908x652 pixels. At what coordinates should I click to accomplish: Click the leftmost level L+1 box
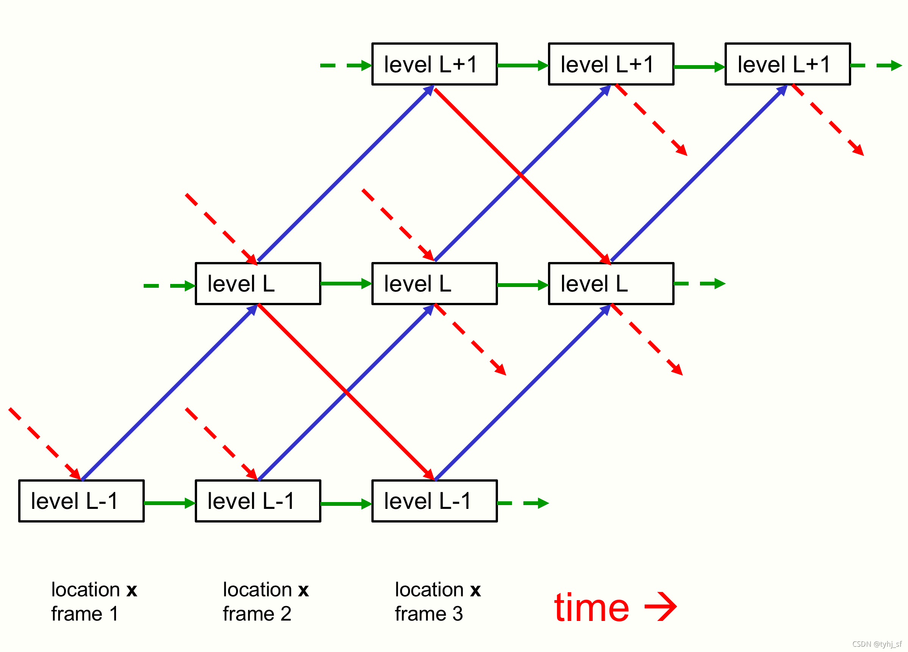click(x=434, y=64)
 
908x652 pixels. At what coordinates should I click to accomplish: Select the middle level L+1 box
click(x=611, y=64)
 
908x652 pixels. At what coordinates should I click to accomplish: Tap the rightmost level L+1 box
click(x=787, y=64)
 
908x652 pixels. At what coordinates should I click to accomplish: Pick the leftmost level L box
click(x=258, y=284)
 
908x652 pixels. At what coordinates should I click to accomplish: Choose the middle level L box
click(x=434, y=284)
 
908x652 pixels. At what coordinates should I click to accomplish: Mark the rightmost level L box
click(x=611, y=284)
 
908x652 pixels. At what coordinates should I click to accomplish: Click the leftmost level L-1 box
click(x=81, y=501)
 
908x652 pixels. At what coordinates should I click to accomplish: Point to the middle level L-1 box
click(x=258, y=501)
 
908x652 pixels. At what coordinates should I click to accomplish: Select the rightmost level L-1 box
click(x=434, y=501)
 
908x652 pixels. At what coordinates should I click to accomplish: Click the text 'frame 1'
click(x=85, y=614)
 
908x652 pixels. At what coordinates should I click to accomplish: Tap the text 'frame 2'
click(x=257, y=614)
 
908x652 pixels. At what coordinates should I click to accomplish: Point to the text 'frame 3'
click(x=429, y=614)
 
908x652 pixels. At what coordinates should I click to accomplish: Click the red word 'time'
click(x=591, y=608)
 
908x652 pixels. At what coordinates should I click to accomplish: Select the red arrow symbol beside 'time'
click(x=661, y=607)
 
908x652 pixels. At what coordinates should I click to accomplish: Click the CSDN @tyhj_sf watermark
click(x=877, y=644)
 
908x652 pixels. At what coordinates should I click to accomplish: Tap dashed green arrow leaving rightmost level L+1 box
click(x=877, y=65)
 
